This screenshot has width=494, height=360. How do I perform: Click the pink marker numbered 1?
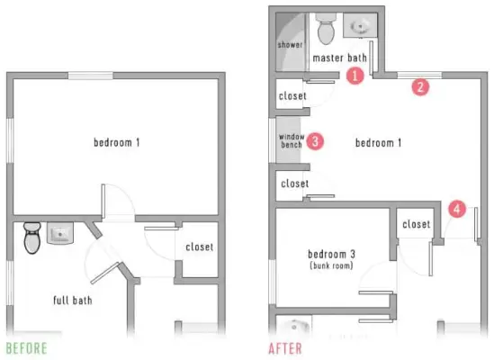tap(355, 76)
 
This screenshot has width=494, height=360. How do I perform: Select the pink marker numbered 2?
tap(420, 86)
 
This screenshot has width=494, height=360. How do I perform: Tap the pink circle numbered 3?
tap(315, 141)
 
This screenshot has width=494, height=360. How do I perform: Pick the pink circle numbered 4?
tap(457, 209)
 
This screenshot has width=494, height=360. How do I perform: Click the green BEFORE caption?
tap(27, 348)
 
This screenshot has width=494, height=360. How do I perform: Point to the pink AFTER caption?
tap(285, 348)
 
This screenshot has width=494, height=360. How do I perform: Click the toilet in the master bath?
tap(326, 29)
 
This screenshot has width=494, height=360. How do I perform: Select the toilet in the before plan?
tap(32, 238)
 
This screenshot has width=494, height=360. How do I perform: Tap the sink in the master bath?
tap(360, 25)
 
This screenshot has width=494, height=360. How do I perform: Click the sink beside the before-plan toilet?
tap(60, 233)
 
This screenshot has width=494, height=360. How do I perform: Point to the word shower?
tap(290, 45)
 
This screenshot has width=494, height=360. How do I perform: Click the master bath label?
tap(339, 58)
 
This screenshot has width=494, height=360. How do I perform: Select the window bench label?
tap(292, 140)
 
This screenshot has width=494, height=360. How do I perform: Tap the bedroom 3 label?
tap(331, 254)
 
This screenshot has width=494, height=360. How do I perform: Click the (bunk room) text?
tap(331, 265)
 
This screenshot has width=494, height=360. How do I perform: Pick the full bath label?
tap(73, 300)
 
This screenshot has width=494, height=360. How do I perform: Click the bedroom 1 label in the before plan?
tap(117, 142)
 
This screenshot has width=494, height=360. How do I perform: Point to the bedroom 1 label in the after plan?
tap(379, 143)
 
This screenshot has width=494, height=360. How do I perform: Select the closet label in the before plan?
tap(200, 247)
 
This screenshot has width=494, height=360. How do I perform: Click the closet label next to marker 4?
tap(417, 224)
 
